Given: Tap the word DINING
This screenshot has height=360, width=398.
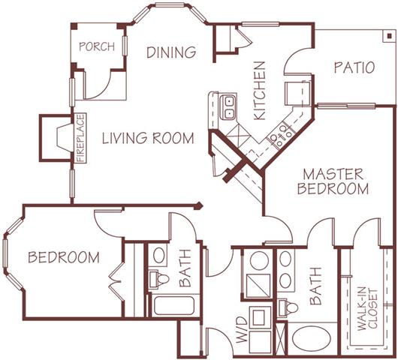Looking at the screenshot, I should [171, 52].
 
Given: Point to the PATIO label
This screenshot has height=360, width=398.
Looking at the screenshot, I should [354, 67].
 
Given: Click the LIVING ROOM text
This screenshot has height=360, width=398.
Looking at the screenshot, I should [148, 139].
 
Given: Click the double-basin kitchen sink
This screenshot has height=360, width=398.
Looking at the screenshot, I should [228, 106].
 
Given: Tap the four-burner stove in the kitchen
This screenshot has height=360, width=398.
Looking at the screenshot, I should [281, 134].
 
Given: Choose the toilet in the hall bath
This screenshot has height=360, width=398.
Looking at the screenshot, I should [160, 280].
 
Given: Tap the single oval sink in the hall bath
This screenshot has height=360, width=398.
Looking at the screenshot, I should [159, 256].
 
